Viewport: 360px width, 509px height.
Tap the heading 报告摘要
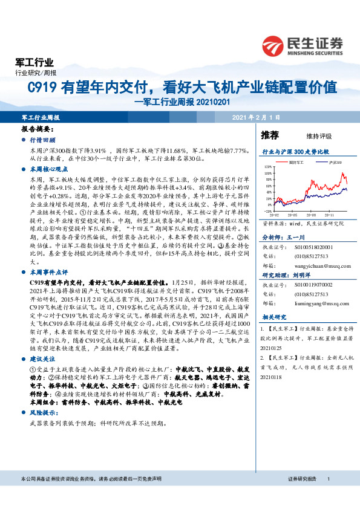click(x=38, y=130)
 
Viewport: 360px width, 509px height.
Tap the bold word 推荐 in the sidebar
click(x=270, y=135)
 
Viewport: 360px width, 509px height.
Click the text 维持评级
click(x=310, y=136)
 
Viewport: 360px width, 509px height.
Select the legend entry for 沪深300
click(x=335, y=163)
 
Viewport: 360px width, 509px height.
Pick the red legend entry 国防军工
click(x=296, y=163)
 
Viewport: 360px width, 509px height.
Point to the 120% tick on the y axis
click(x=267, y=165)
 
